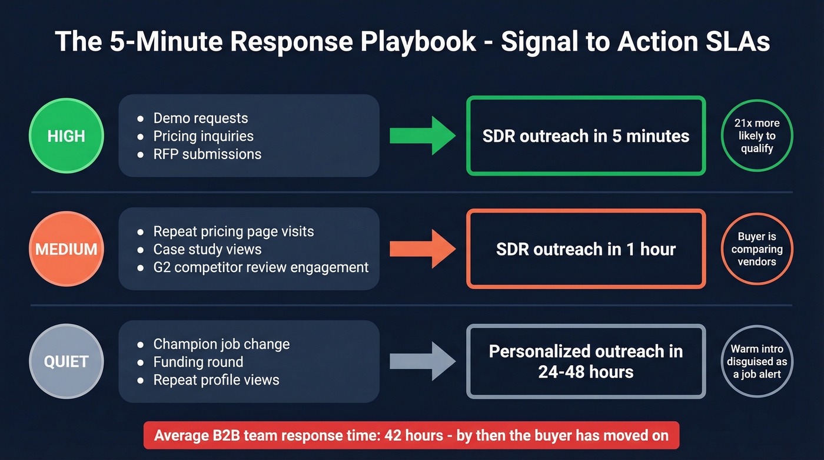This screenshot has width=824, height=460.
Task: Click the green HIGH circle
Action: (66, 136)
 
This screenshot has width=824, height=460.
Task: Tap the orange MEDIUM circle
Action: (66, 249)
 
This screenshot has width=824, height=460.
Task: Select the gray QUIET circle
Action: (66, 362)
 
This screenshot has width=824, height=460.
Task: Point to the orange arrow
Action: (422, 249)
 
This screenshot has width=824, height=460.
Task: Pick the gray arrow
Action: (422, 361)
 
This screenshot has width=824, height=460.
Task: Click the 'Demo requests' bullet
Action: (200, 118)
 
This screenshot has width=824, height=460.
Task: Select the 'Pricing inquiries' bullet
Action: (203, 136)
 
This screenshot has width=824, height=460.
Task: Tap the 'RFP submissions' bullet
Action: (207, 154)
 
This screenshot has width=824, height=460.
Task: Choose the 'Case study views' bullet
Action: (207, 249)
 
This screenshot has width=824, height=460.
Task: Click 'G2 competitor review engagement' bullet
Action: (261, 267)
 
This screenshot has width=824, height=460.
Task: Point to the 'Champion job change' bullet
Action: (221, 344)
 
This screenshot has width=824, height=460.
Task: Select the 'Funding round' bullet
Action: (198, 362)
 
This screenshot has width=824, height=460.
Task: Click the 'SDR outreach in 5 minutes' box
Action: (586, 136)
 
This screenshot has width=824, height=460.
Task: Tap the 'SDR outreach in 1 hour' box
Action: (586, 249)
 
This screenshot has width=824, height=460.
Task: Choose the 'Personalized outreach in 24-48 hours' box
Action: (586, 362)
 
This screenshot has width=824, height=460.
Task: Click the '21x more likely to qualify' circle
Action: (757, 136)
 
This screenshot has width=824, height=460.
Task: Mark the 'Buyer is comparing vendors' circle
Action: (757, 249)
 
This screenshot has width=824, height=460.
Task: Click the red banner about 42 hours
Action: (411, 436)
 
